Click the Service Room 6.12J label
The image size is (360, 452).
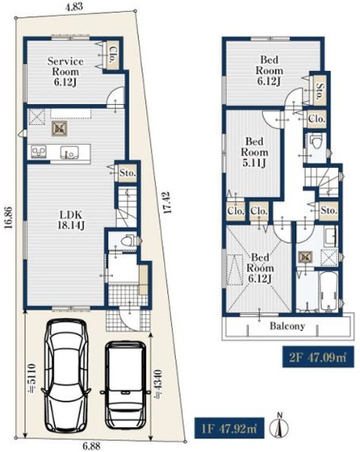coord(66,72)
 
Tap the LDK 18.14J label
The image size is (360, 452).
coord(71,220)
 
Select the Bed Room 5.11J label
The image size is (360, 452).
coord(255,152)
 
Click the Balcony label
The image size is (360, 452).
coord(288,326)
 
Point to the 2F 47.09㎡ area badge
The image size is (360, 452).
coord(318,357)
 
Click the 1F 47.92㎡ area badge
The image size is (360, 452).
coord(230,428)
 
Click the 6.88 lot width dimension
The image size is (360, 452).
coord(92,446)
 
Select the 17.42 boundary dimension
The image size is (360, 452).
coord(167,203)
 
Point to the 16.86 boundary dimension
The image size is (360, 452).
coord(8,218)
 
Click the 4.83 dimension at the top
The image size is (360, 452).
coord(74,7)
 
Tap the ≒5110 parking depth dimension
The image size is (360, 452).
coord(32,378)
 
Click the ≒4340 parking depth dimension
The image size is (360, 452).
coord(158,384)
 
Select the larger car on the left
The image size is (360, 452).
coord(66,375)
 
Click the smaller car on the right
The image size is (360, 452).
coord(125,385)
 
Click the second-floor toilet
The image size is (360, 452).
coord(316,142)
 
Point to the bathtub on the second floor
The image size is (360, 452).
coord(328,291)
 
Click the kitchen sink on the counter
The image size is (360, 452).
coord(69,152)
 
